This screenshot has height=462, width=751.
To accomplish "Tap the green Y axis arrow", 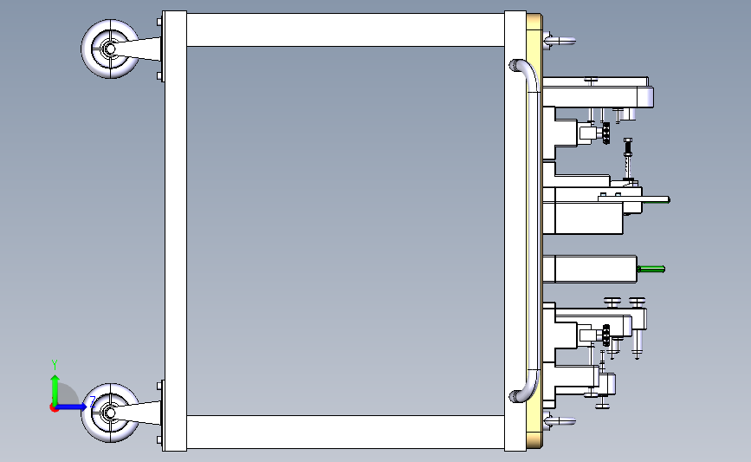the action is click(54, 385).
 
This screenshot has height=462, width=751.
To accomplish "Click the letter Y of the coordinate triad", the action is click(54, 364).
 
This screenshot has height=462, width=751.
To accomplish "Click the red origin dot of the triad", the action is click(55, 407).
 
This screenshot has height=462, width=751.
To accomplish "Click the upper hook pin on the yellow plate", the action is click(560, 39).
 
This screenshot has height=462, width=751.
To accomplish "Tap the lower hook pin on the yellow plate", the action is click(560, 421).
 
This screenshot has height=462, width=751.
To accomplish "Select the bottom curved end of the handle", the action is click(520, 394).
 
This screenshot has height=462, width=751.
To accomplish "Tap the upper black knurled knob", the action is click(607, 134).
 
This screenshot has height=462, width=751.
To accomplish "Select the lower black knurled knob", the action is click(606, 333).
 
